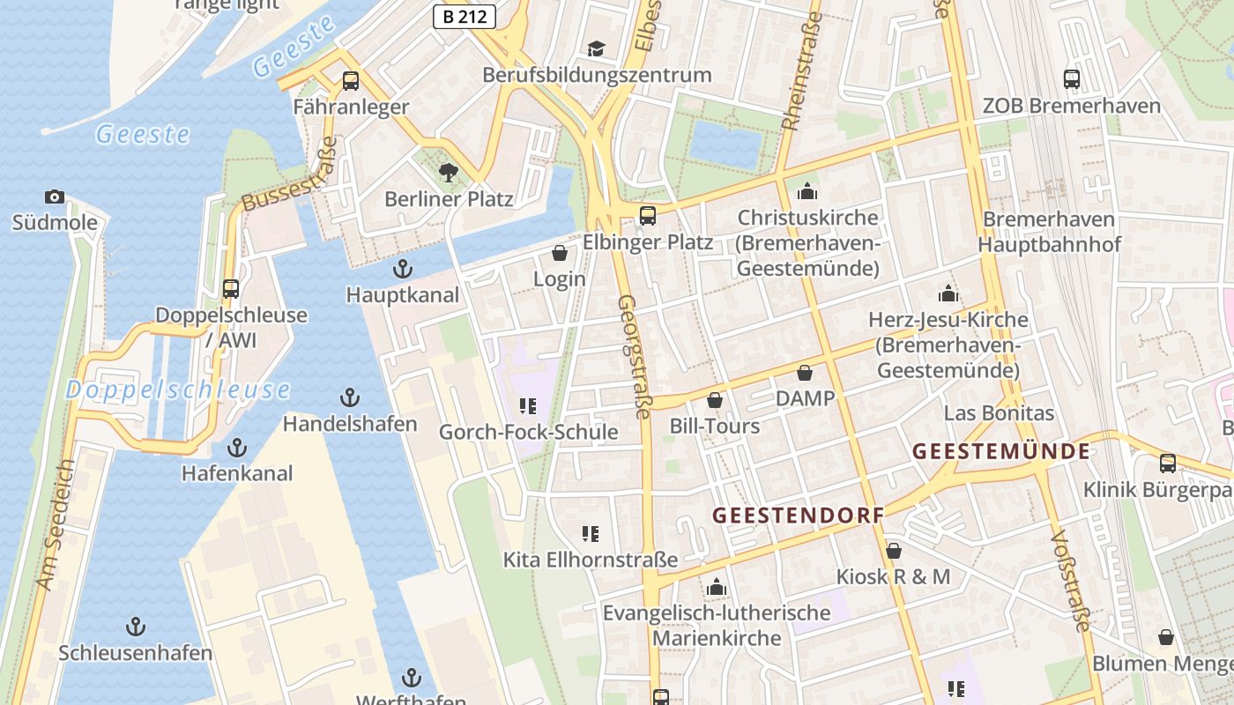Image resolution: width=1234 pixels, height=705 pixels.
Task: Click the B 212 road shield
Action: [x=465, y=16]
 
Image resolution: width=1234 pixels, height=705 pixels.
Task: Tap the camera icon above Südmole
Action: [x=54, y=197]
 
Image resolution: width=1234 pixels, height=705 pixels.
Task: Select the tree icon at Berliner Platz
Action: [x=449, y=172]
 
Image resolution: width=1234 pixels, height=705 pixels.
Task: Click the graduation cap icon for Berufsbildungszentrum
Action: [x=597, y=48]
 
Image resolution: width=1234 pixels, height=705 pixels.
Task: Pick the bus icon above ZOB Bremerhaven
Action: [x=1072, y=79]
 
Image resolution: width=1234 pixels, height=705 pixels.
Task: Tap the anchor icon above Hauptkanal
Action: [x=403, y=268]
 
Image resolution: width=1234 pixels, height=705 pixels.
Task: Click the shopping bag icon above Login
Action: [x=559, y=254]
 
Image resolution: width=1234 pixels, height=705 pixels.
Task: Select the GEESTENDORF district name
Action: [x=798, y=516]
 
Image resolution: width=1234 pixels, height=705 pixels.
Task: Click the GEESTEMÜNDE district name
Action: [x=1000, y=451]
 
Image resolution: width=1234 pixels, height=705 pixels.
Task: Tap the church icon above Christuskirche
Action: [x=807, y=191]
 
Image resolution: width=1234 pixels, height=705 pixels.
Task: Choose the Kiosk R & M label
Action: [x=893, y=576]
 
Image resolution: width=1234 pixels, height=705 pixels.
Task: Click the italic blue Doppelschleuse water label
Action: [x=177, y=390]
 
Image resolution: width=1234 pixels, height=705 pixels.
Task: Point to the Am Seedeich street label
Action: [x=56, y=524]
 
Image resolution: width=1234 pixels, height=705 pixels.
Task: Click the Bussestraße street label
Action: [x=290, y=174]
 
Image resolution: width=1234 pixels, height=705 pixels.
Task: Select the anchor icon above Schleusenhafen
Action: [x=136, y=627]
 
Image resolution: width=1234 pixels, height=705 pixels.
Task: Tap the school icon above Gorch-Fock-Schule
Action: [x=528, y=406]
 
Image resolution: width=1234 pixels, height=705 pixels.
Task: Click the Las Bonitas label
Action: [x=999, y=412]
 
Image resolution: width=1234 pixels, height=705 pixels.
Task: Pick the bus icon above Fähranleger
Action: [x=351, y=81]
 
